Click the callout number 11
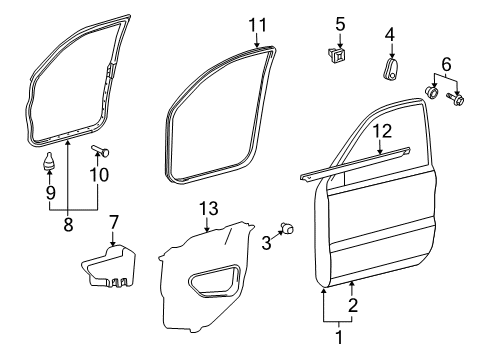click(x=258, y=23)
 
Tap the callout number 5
click(x=339, y=23)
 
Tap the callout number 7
click(x=113, y=221)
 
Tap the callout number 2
click(x=352, y=306)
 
